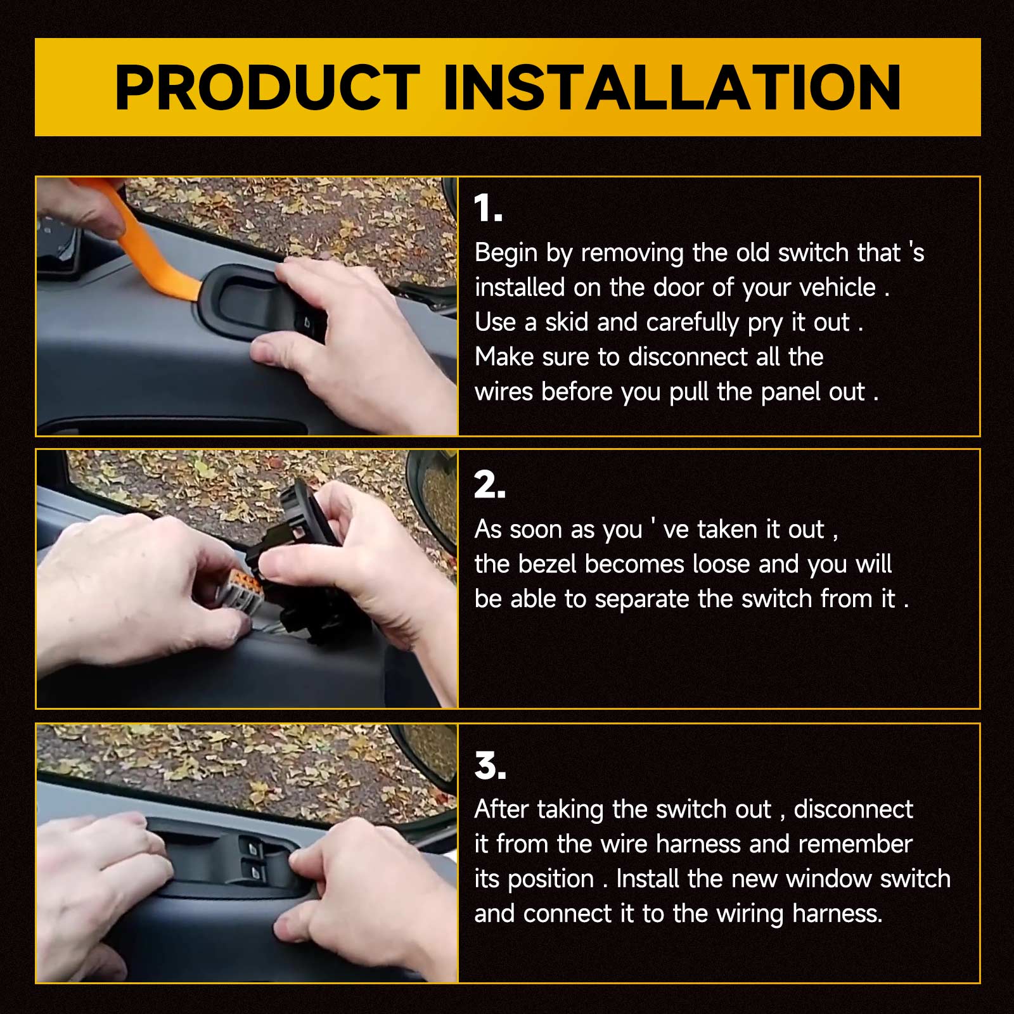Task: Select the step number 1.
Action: (x=488, y=209)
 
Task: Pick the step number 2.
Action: (x=489, y=485)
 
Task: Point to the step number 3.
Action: (x=490, y=766)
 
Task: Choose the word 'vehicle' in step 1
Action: (x=837, y=288)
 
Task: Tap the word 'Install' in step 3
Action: (x=648, y=879)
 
